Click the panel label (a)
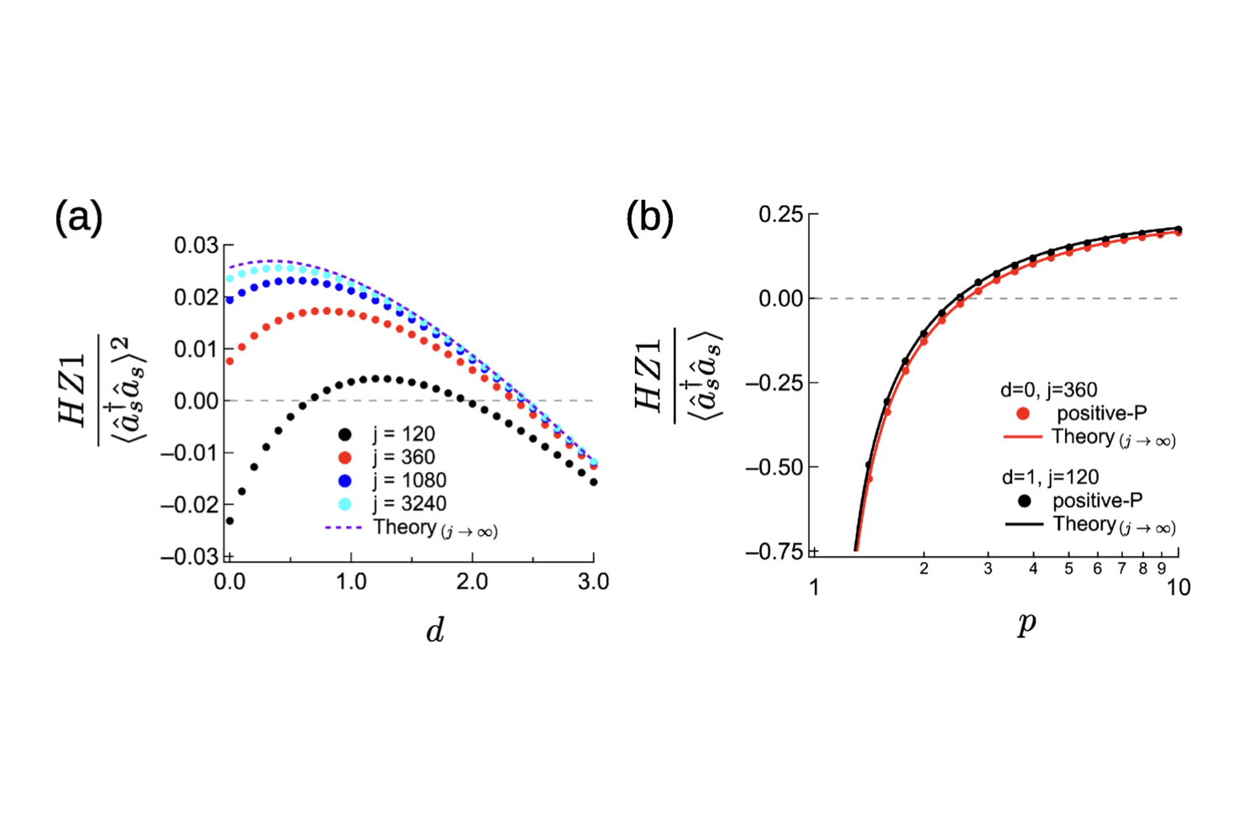pyautogui.click(x=79, y=218)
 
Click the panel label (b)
pyautogui.click(x=650, y=218)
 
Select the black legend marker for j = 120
pyautogui.click(x=344, y=434)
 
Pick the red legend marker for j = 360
pyautogui.click(x=344, y=458)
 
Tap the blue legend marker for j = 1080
pyautogui.click(x=344, y=480)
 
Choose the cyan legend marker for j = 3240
pyautogui.click(x=344, y=504)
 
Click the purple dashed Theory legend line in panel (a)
pyautogui.click(x=343, y=528)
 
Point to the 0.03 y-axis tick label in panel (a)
pyautogui.click(x=196, y=245)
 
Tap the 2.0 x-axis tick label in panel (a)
pyautogui.click(x=472, y=582)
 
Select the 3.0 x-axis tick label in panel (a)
pyautogui.click(x=593, y=582)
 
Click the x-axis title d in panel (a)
pyautogui.click(x=434, y=630)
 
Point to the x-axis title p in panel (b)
pyautogui.click(x=1026, y=624)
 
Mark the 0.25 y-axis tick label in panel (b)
pyautogui.click(x=781, y=214)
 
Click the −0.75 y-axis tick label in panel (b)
pyautogui.click(x=775, y=552)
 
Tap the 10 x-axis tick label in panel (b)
pyautogui.click(x=1179, y=588)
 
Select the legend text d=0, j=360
pyautogui.click(x=1048, y=390)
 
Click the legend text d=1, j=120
pyautogui.click(x=1050, y=477)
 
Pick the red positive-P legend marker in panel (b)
pyautogui.click(x=1023, y=413)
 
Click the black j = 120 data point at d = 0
pyautogui.click(x=229, y=521)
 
